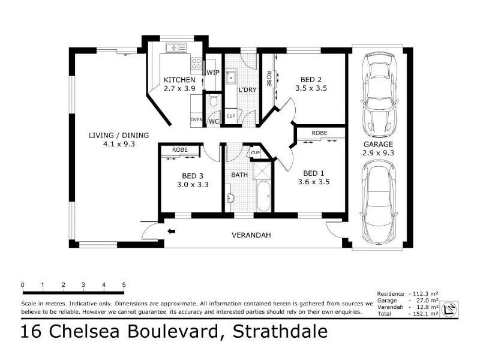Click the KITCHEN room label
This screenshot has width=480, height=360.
click(179, 80)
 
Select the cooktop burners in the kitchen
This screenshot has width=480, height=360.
click(196, 64)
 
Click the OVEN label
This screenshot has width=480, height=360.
click(196, 119)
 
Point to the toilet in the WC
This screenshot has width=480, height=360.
click(214, 100)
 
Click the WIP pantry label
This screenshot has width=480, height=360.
click(213, 73)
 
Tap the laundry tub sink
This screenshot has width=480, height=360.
click(231, 77)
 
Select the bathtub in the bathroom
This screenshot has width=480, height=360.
click(263, 196)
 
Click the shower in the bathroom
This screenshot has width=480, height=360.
click(262, 170)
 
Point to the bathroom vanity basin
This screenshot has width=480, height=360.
click(230, 198)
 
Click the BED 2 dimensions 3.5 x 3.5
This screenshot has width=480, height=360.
click(311, 88)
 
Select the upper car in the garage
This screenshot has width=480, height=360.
click(379, 95)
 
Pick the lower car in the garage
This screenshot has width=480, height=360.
click(379, 202)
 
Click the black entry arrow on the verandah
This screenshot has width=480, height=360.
click(172, 231)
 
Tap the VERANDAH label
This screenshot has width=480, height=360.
click(251, 235)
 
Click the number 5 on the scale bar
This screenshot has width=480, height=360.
click(124, 284)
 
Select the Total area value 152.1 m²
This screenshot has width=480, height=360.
click(425, 314)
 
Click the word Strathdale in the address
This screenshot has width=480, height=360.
click(280, 331)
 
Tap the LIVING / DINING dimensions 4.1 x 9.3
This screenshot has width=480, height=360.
click(119, 144)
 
